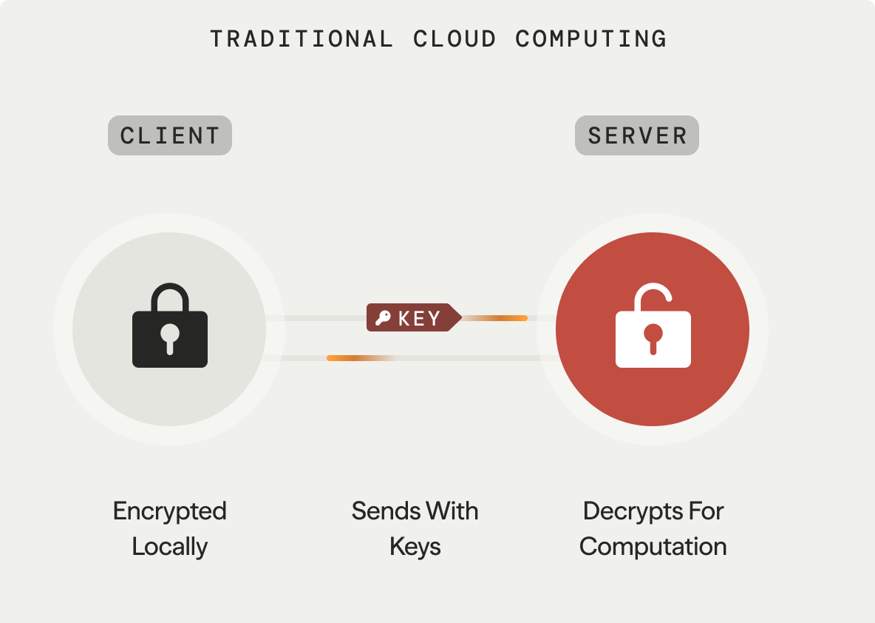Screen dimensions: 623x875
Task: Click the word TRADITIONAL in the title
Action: point(302,38)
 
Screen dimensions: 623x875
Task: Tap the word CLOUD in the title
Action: point(454,38)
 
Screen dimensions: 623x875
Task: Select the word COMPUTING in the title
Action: point(591,38)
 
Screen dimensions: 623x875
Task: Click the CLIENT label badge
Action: point(170,135)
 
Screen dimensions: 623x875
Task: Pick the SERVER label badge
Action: point(637,135)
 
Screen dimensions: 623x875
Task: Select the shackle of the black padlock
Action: point(170,296)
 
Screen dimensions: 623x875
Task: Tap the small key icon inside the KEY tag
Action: point(383,318)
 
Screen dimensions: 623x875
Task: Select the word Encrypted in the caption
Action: point(170,511)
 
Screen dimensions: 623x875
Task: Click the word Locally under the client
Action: point(170,547)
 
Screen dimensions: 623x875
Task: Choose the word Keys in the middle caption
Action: point(415,547)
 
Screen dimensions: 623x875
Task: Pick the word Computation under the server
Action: point(653,547)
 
